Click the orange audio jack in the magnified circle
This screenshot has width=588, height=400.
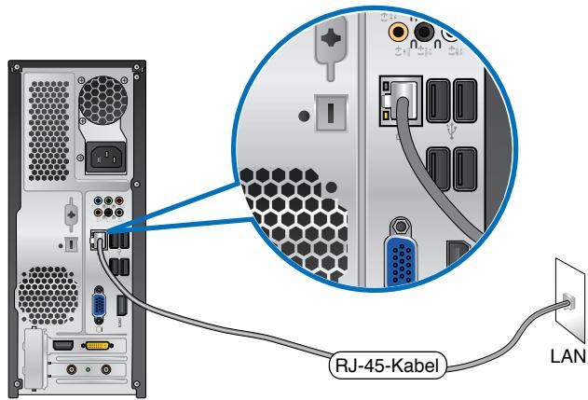(x=399, y=33)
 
